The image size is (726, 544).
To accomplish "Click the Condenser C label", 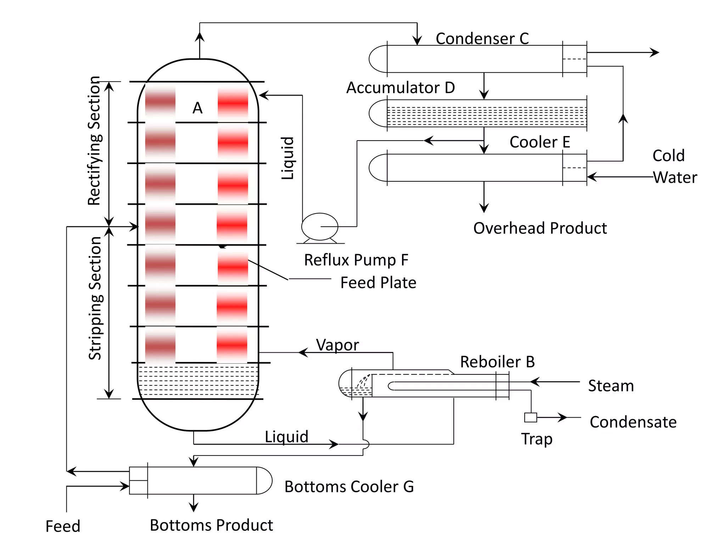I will tap(482, 38).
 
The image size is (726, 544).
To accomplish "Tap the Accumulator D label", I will tap(401, 87).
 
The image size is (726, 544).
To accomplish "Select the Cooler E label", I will tap(540, 142).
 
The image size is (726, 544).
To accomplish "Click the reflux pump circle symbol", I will tap(320, 227).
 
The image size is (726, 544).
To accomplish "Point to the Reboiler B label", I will tap(497, 362).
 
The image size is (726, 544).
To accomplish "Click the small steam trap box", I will tap(530, 418).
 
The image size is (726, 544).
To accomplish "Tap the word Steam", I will tap(611, 386).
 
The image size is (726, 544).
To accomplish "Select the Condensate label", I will tap(633, 422).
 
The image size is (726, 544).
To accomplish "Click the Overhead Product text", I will tap(540, 228).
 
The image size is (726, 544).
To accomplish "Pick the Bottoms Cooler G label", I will tap(349, 487).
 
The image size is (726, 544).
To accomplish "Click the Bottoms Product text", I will tap(211, 525).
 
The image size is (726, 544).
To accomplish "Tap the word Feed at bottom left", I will tap(63, 526).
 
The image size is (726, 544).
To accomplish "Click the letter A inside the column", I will tap(197, 108).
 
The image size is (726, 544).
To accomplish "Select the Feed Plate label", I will tap(378, 283).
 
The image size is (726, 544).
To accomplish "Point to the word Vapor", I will tap(337, 345).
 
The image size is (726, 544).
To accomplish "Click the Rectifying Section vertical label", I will tap(94, 141).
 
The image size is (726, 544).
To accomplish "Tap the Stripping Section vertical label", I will tap(95, 298).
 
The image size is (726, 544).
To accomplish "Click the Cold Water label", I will tap(674, 166).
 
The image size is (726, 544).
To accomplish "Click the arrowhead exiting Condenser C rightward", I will tap(655, 52).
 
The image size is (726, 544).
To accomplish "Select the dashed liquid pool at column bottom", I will tap(198, 381).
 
